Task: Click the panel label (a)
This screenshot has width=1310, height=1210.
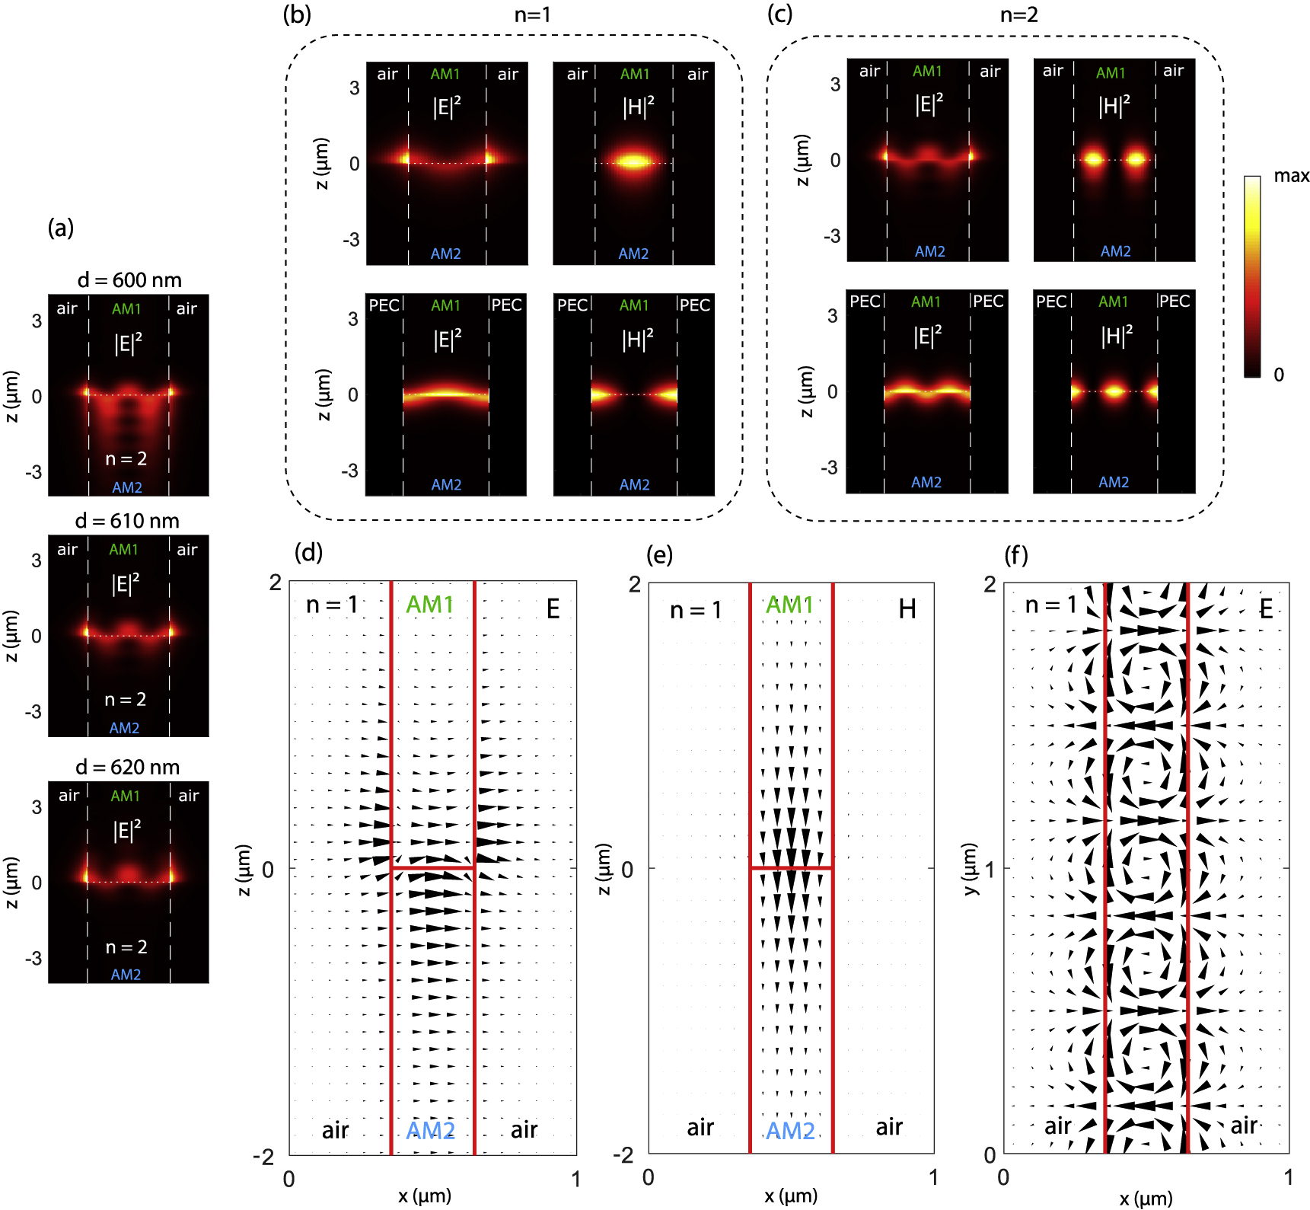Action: click(60, 228)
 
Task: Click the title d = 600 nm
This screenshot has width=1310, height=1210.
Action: click(129, 280)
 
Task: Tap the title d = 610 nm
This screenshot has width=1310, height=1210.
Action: click(127, 521)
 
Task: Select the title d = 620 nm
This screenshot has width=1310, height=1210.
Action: click(127, 767)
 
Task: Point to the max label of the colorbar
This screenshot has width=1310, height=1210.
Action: click(1291, 176)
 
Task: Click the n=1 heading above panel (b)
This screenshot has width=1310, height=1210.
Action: click(532, 14)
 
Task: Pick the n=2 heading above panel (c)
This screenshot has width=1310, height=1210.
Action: click(1018, 14)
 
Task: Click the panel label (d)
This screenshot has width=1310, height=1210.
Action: click(308, 552)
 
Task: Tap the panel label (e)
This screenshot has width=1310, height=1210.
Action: click(659, 554)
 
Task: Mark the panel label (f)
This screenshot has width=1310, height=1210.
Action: click(1016, 554)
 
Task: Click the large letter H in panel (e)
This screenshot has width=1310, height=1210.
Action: click(907, 609)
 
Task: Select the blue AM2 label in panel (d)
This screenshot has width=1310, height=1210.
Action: click(431, 1130)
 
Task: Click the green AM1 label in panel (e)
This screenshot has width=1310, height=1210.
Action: click(789, 605)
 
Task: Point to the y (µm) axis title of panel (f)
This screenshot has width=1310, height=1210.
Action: click(970, 868)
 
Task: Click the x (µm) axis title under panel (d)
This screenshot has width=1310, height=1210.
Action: click(424, 1196)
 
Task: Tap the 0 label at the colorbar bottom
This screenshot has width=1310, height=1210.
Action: click(1279, 375)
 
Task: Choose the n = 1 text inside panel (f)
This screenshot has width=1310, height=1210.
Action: click(1051, 605)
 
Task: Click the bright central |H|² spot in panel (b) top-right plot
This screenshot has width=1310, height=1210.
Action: click(633, 161)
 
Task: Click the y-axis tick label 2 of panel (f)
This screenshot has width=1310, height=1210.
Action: click(990, 584)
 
